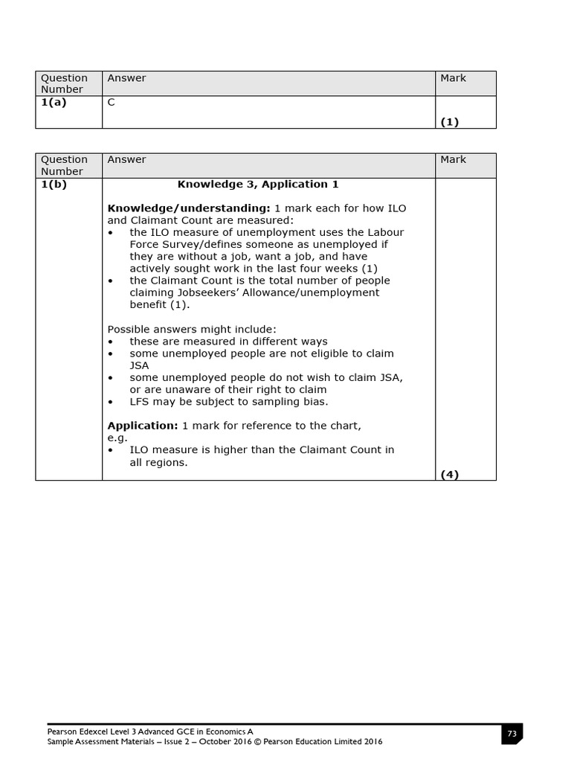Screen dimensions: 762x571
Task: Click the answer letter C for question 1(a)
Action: point(112,103)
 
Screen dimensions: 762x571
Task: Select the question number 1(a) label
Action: point(54,103)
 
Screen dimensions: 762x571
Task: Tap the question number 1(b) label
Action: point(54,185)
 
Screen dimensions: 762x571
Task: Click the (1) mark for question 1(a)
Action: point(450,122)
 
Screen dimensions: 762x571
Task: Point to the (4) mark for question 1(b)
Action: point(450,474)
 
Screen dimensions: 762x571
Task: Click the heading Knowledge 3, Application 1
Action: point(258,185)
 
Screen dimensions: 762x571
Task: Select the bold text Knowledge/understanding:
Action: point(189,208)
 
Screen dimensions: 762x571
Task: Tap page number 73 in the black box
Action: point(512,734)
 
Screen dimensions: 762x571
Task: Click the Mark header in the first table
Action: point(453,78)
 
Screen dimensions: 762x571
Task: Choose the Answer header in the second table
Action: point(126,160)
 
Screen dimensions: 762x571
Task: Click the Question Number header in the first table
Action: point(63,83)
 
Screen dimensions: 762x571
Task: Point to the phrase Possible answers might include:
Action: point(192,330)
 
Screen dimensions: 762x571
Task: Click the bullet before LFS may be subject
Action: point(112,402)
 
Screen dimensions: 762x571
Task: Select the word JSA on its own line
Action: point(139,365)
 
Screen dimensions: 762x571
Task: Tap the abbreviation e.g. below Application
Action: point(117,438)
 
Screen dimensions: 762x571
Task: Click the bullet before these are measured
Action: point(112,342)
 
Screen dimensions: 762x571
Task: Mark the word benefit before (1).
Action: point(149,305)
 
